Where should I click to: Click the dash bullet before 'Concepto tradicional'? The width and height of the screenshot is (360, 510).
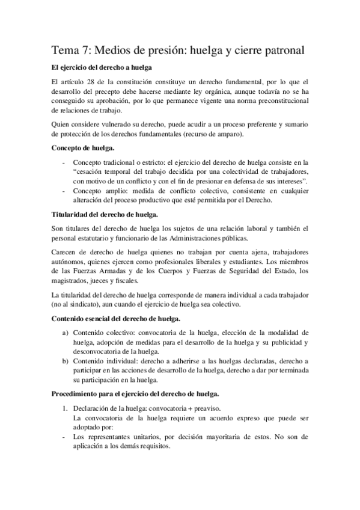tap(63, 162)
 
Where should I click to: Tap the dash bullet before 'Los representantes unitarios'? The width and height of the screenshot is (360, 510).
tap(64, 438)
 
